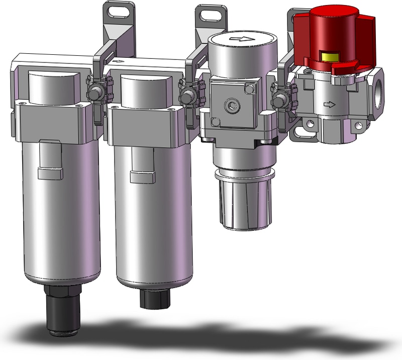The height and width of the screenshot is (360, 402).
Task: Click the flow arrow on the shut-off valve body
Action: click(x=329, y=105)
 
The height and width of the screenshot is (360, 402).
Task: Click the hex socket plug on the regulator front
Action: click(x=231, y=105)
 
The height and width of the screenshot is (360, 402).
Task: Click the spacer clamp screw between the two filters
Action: click(x=94, y=93)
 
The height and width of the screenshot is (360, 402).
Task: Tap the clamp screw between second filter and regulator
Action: click(x=187, y=94)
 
